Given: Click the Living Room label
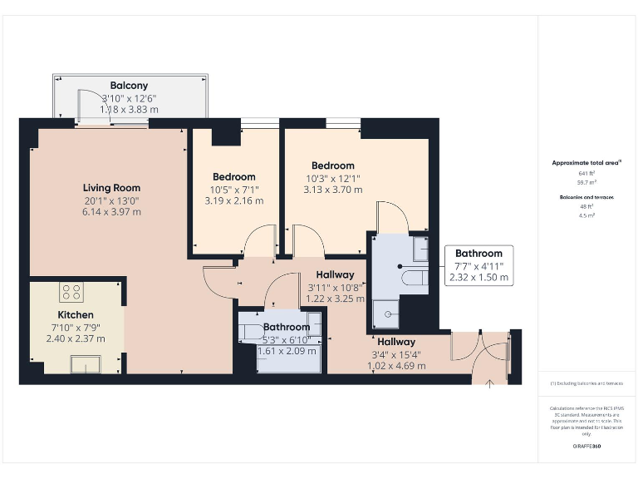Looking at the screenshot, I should [x=111, y=188].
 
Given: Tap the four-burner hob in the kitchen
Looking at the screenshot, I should [x=71, y=292].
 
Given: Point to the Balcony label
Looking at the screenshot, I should [x=129, y=86].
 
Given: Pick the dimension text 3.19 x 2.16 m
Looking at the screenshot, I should [x=233, y=200].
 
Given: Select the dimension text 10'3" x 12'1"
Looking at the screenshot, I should [x=332, y=178].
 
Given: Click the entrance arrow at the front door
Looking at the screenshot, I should [x=489, y=383].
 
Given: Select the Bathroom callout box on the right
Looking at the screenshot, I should [x=478, y=265].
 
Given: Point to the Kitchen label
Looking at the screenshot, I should [x=75, y=315].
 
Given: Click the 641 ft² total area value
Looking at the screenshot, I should [x=586, y=173].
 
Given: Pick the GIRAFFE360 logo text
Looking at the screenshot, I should [x=586, y=447].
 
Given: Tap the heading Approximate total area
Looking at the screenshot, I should [x=586, y=163].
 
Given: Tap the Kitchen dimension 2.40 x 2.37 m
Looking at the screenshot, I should [x=75, y=338].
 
